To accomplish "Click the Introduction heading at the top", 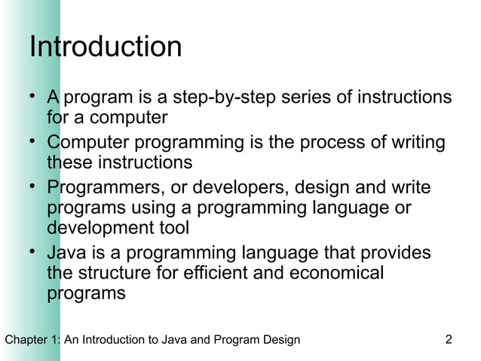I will coord(105,48).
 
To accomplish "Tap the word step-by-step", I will coord(216,99).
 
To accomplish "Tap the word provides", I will coord(392,251).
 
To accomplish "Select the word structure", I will coord(113,273).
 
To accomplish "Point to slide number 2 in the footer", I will coord(449,339).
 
